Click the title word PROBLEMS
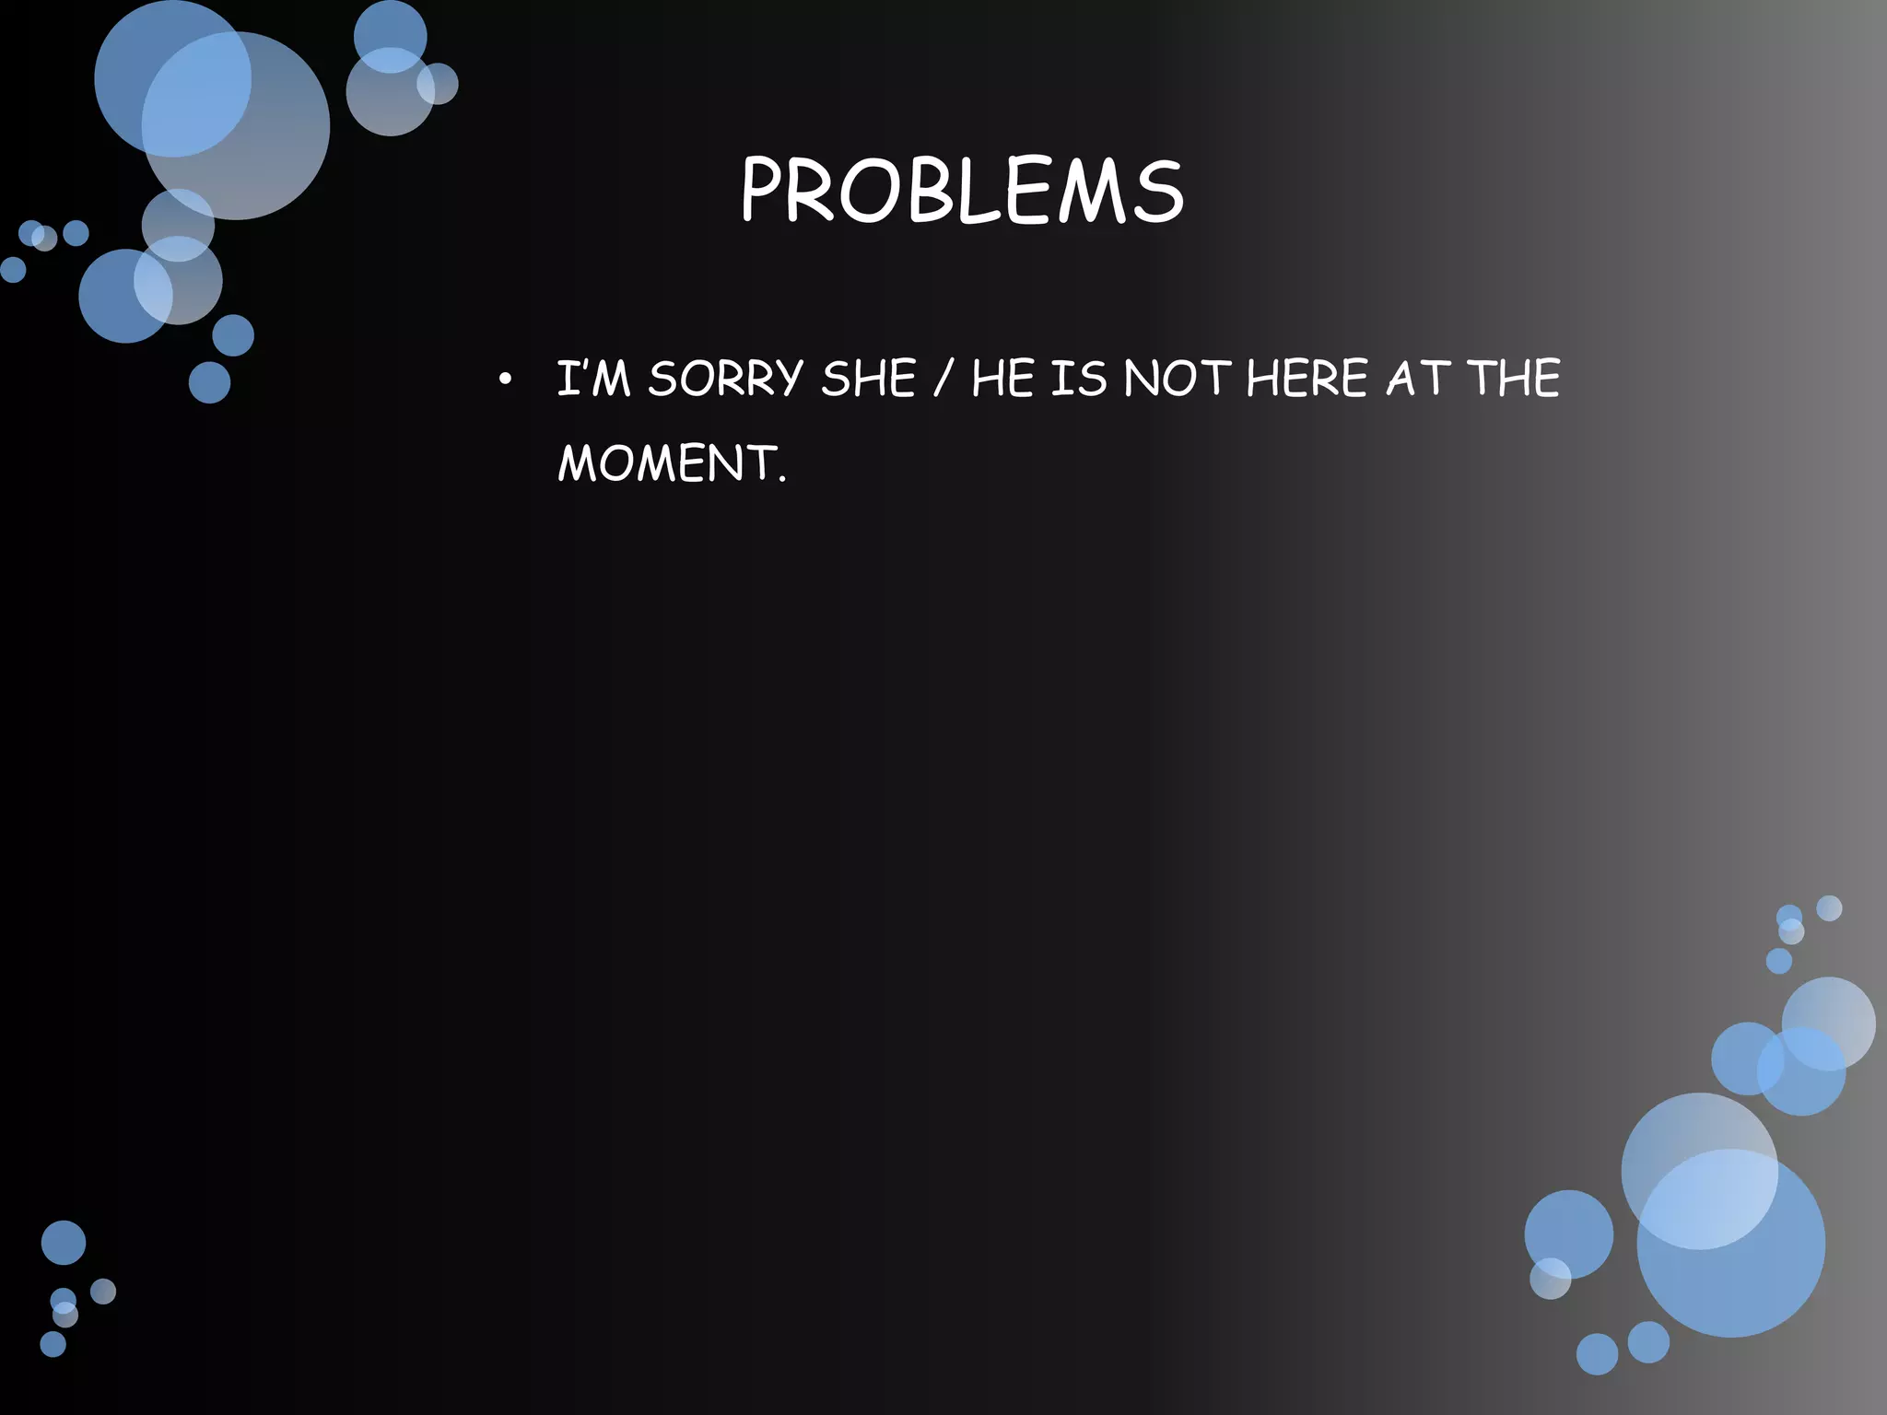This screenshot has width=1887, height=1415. (x=961, y=192)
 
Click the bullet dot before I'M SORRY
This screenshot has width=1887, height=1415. (x=503, y=380)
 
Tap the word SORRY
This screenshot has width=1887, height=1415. (x=725, y=379)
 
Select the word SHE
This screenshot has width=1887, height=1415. (x=868, y=379)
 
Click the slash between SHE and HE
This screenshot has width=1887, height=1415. (x=942, y=380)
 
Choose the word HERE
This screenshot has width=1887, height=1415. (x=1307, y=379)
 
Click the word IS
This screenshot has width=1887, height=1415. (x=1078, y=379)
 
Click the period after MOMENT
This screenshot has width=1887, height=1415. (x=782, y=479)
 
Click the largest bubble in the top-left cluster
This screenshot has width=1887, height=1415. (x=236, y=125)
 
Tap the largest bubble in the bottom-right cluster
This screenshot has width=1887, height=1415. (x=1730, y=1243)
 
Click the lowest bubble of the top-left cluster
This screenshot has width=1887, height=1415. (x=209, y=382)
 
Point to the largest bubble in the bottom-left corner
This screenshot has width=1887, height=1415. (x=64, y=1242)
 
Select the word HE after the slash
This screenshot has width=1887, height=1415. (x=1003, y=379)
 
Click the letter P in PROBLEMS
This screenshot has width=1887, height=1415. (x=764, y=192)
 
